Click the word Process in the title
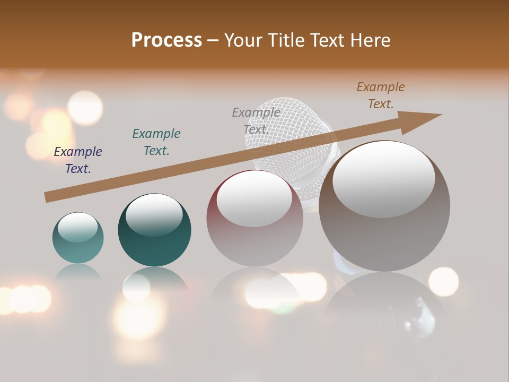[x=166, y=40]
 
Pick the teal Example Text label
[x=156, y=142]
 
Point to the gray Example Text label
[x=256, y=121]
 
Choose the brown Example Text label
[x=381, y=95]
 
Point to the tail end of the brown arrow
[x=49, y=197]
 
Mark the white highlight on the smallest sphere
[x=77, y=228]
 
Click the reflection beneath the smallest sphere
[x=78, y=272]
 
